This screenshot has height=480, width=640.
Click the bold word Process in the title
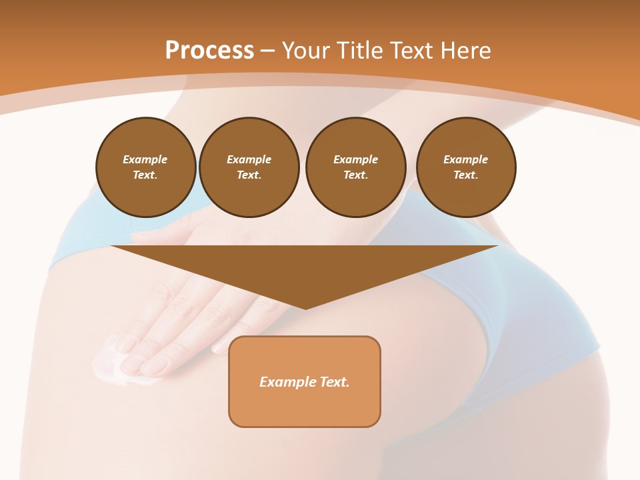(209, 51)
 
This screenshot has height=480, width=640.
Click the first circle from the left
(145, 167)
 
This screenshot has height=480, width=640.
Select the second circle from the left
(249, 167)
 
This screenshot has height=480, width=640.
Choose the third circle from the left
(355, 167)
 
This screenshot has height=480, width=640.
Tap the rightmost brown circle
(465, 167)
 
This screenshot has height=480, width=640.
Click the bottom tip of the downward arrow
(305, 307)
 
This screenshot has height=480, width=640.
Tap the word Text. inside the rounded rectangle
(335, 382)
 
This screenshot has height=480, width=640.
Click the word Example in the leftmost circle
(145, 159)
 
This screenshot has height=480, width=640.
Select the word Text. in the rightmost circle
(465, 175)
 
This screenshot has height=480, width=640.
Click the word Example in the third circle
(355, 159)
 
